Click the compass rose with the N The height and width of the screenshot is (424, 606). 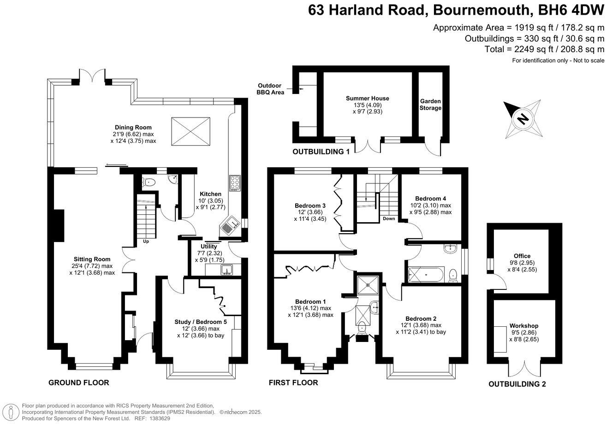523,119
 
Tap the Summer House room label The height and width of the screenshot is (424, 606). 368,98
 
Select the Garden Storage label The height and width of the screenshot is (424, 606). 430,105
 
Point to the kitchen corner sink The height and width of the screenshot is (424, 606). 229,226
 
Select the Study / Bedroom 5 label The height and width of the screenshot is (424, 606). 201,322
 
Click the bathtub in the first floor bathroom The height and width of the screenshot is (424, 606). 426,275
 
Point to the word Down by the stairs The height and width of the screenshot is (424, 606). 389,219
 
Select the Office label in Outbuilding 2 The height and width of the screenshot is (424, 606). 522,256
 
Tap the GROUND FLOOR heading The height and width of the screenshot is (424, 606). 79,383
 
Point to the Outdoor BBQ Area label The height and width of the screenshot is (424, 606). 271,88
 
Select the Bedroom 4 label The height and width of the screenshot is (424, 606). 430,198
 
